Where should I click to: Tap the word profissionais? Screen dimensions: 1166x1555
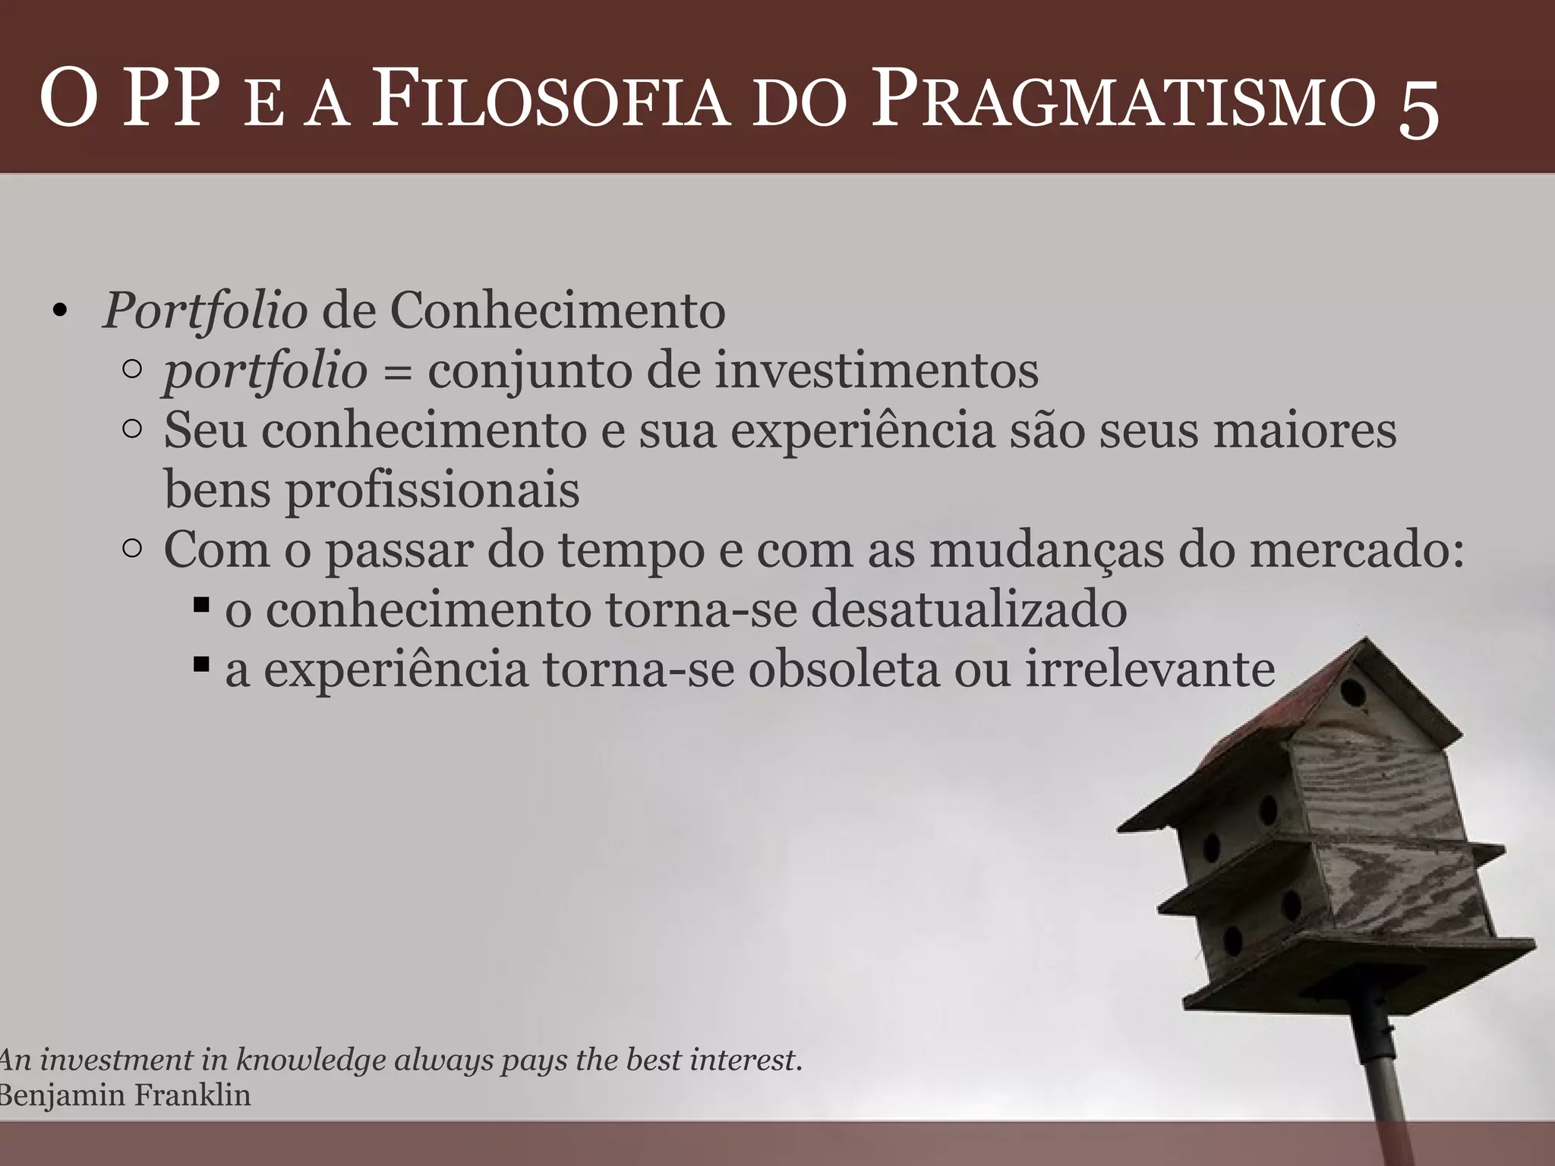click(x=432, y=490)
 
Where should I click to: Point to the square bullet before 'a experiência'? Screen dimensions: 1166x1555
click(x=201, y=666)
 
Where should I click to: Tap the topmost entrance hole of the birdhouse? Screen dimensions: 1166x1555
click(x=1352, y=692)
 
